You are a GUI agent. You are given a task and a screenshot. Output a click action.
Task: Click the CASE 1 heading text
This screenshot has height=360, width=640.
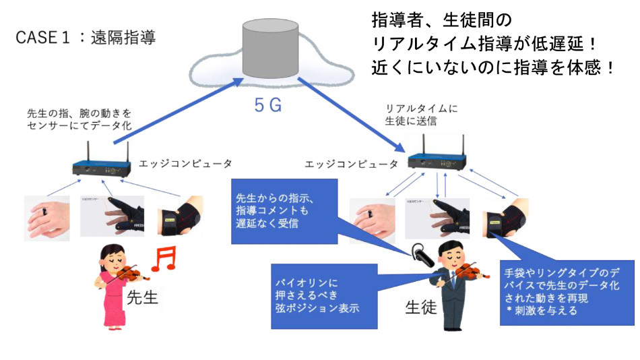pyautogui.click(x=86, y=37)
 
